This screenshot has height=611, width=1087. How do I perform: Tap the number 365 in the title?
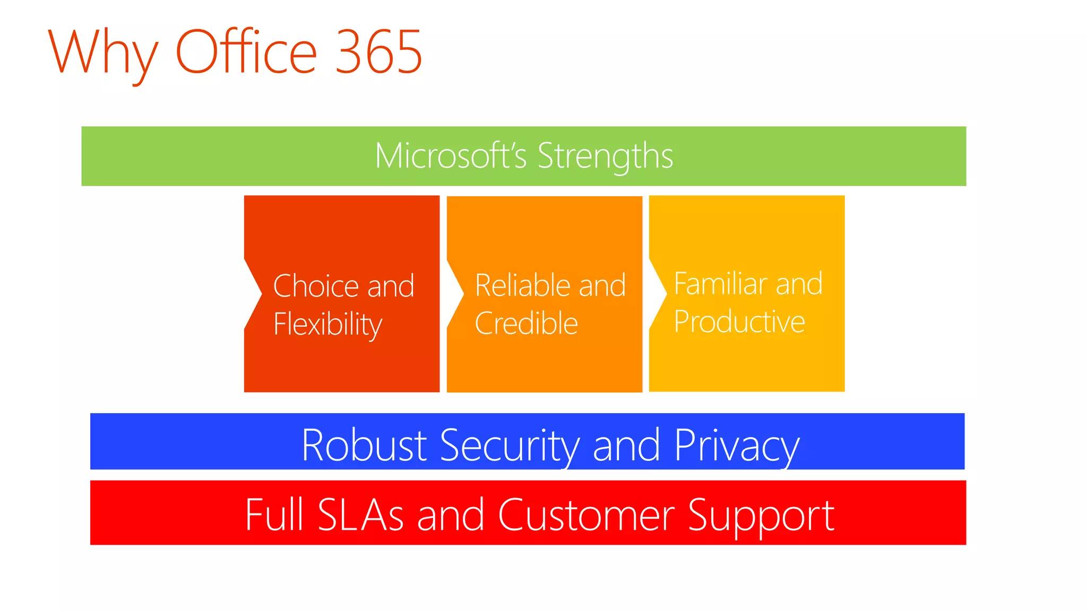pos(379,51)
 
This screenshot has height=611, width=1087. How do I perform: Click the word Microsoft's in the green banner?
pos(451,156)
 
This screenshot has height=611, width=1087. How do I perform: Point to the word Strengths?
pos(605,157)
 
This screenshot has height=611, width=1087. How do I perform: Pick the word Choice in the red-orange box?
pos(316,286)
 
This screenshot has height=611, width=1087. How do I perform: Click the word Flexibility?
pos(327,324)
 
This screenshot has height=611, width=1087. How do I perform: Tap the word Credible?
pos(526,323)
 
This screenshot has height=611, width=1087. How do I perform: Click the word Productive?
pos(739,321)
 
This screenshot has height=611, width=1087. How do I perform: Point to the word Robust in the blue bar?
pos(364,445)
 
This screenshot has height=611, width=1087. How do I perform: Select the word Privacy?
pos(737,446)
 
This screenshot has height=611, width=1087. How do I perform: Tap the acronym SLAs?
pos(360,514)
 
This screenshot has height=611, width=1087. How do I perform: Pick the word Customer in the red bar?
pos(586,514)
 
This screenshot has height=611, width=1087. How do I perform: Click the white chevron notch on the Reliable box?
pos(454,293)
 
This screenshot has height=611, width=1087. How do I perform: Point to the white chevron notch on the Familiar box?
pos(657,293)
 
